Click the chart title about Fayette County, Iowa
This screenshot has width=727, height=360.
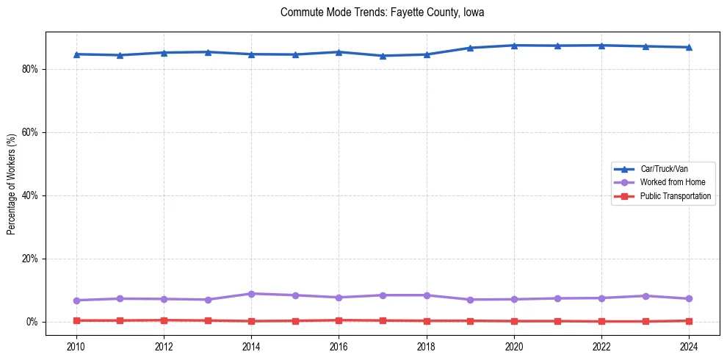point(382,12)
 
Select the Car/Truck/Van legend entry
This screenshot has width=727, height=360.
point(664,169)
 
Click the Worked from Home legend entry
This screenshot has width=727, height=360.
point(669,182)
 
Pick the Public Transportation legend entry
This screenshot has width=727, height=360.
point(675,196)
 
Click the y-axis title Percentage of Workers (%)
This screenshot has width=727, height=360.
point(12,184)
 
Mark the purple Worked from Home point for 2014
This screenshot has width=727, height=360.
point(251,294)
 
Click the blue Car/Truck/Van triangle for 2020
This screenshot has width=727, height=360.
point(514,46)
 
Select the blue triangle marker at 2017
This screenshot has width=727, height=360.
point(383,56)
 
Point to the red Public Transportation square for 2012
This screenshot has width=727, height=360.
point(164,320)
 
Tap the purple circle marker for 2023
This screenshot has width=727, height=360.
point(645,296)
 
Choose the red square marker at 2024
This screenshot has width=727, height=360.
point(689,321)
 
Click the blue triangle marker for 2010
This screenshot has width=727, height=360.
point(76,54)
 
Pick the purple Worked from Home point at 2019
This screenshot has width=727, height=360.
point(470,300)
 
